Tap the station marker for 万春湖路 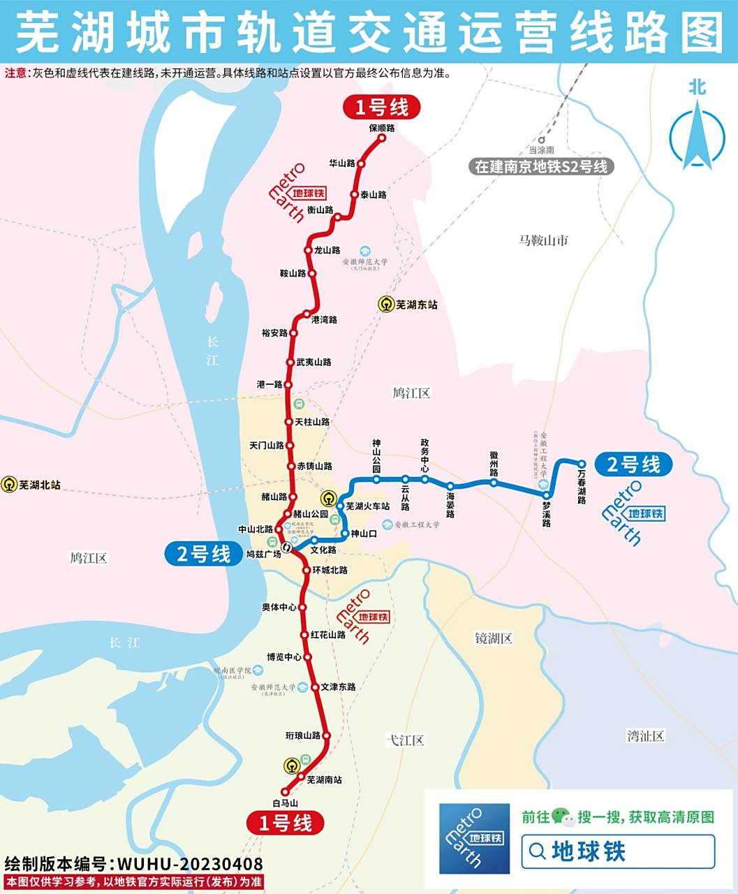coord(581,463)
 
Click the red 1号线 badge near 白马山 coord(285,823)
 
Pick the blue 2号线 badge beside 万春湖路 coord(633,464)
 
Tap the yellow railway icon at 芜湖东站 coord(386,305)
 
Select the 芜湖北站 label coord(40,484)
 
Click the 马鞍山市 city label coord(543,240)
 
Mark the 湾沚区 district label coord(645,735)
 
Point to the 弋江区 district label coord(406,740)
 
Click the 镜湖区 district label coord(494,638)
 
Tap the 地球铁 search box coord(618,851)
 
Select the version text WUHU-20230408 coord(190,864)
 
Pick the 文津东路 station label coord(339,687)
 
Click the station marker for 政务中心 coord(425,479)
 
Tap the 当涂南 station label coord(541,150)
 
